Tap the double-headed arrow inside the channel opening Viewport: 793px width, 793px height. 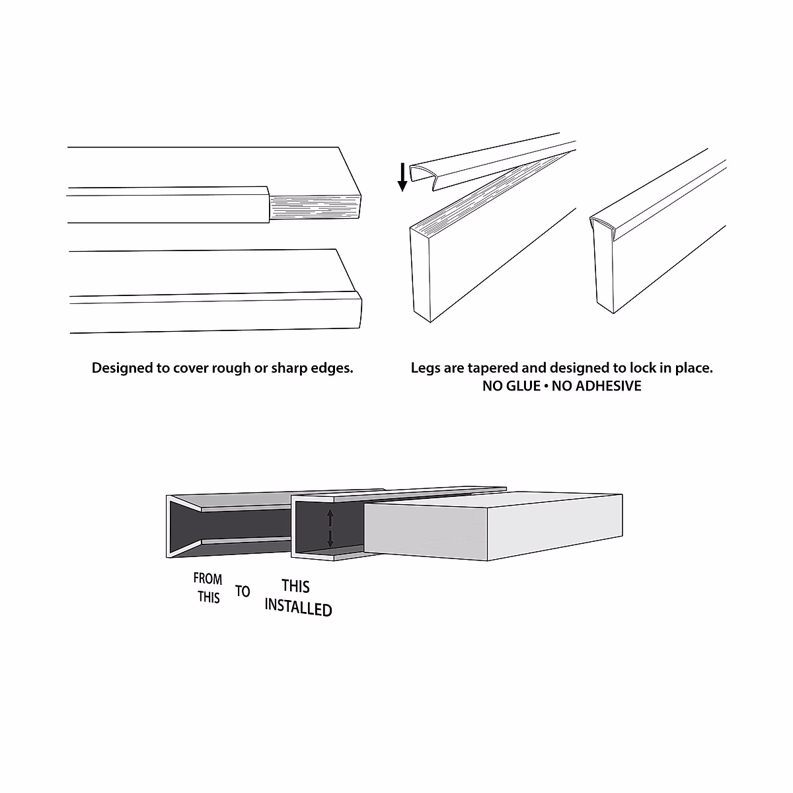(x=330, y=529)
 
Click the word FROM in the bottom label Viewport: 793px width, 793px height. (x=208, y=579)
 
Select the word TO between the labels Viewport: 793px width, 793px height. (x=243, y=591)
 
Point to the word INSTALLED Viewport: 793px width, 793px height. (x=298, y=607)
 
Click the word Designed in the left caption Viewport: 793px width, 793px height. (x=122, y=368)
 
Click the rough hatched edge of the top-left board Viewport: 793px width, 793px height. (x=314, y=208)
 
